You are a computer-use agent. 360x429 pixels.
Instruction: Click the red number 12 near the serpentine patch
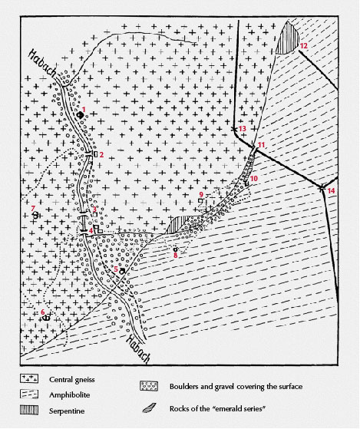tap(304, 47)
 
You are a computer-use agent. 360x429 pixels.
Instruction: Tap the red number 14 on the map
tap(332, 190)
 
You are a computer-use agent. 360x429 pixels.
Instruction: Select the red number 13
tap(243, 128)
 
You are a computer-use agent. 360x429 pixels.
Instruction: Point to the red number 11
tap(262, 145)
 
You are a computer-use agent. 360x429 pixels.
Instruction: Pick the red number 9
tap(201, 194)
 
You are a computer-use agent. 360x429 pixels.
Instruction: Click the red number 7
tap(33, 208)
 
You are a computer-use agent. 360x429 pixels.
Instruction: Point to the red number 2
tap(101, 156)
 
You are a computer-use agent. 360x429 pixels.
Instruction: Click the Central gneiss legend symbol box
tap(31, 378)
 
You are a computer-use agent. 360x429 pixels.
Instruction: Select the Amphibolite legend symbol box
tap(31, 392)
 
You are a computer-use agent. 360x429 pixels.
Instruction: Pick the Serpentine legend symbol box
tap(31, 406)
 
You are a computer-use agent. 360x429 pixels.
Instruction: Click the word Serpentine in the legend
tap(68, 406)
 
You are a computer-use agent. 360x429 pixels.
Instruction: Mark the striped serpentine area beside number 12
tap(289, 37)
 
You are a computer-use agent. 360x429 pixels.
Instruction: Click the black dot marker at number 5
tap(122, 271)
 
